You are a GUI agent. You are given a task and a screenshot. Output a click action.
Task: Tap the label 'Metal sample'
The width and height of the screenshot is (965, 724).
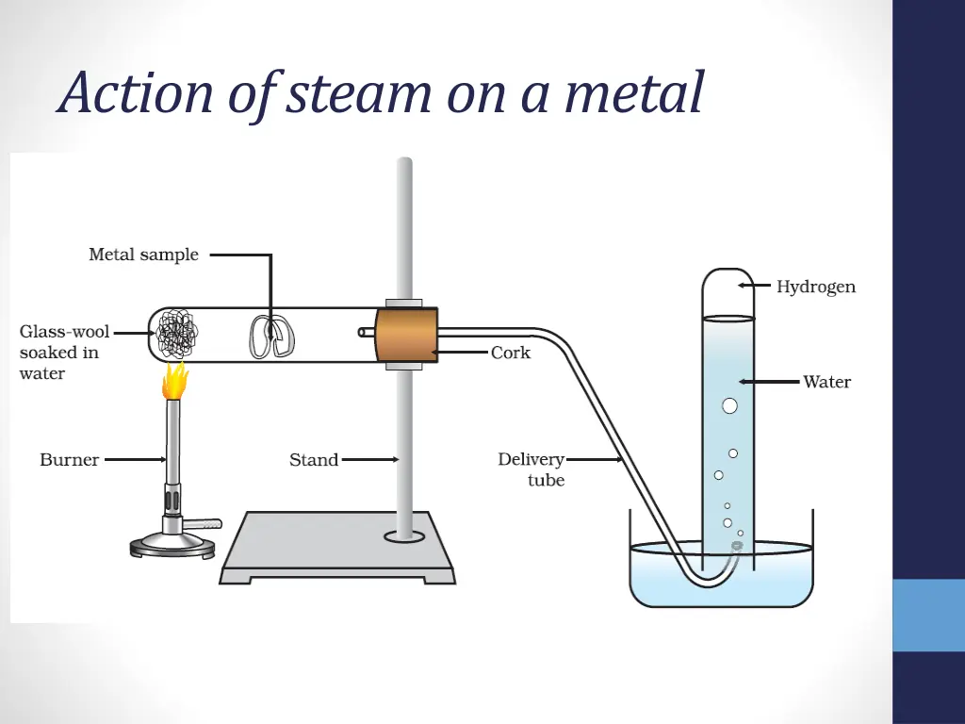click(143, 255)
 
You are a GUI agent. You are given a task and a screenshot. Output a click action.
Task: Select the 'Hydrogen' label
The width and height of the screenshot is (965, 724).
click(816, 287)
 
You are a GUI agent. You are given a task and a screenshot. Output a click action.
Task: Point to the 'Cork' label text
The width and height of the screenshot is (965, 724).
click(511, 353)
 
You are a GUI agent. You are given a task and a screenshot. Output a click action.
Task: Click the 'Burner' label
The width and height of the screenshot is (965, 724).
click(69, 460)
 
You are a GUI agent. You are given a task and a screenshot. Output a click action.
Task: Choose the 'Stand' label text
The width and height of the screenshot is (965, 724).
click(314, 460)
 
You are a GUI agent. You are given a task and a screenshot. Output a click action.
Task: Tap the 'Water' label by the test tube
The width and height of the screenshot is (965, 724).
click(826, 382)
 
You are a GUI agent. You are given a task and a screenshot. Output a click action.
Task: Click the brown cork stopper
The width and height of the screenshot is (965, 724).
click(406, 334)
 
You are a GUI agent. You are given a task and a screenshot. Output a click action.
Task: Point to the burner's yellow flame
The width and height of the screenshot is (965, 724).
click(174, 381)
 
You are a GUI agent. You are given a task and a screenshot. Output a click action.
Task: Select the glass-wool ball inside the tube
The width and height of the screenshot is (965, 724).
click(177, 335)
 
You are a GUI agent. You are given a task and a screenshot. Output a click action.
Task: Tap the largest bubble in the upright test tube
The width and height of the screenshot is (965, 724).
click(729, 406)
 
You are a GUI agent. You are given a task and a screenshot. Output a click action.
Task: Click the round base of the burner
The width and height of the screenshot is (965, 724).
click(171, 544)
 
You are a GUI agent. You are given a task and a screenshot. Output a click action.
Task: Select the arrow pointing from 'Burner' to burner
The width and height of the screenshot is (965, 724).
click(134, 460)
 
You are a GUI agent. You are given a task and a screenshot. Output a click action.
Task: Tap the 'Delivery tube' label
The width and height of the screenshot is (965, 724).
click(532, 469)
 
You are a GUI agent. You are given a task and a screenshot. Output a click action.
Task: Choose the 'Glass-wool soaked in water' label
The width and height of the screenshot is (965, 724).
click(62, 353)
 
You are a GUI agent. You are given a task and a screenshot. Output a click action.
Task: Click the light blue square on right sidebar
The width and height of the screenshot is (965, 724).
click(928, 615)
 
